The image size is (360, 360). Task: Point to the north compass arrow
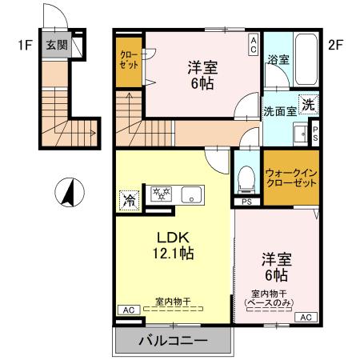(x=70, y=192)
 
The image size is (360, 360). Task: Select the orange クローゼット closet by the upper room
(x=129, y=62)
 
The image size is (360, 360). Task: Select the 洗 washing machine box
(x=309, y=102)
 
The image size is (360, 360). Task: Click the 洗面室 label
(x=280, y=111)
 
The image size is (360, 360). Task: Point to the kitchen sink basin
(x=191, y=194)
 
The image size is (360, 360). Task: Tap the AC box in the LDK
(x=126, y=310)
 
